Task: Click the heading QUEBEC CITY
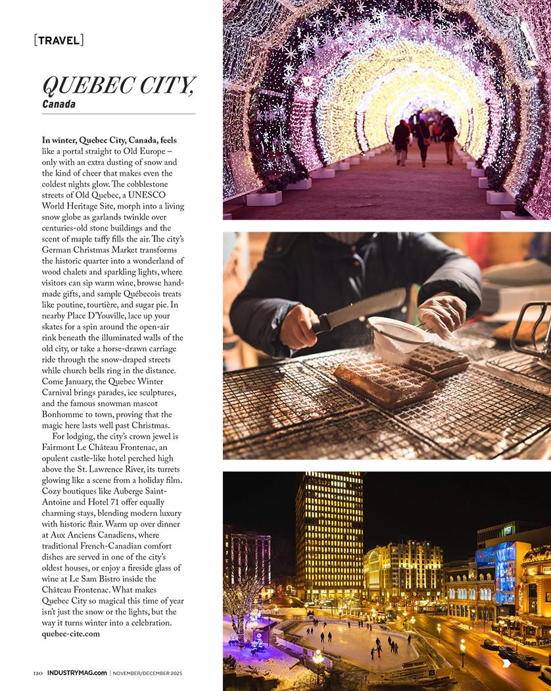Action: point(118,85)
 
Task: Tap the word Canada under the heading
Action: point(59,104)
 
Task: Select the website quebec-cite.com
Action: point(70,634)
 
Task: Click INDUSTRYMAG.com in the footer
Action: point(77,673)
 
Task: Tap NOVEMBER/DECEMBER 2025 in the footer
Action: point(147,673)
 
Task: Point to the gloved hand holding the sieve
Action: point(442,315)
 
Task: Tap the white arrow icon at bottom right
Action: point(506,663)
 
